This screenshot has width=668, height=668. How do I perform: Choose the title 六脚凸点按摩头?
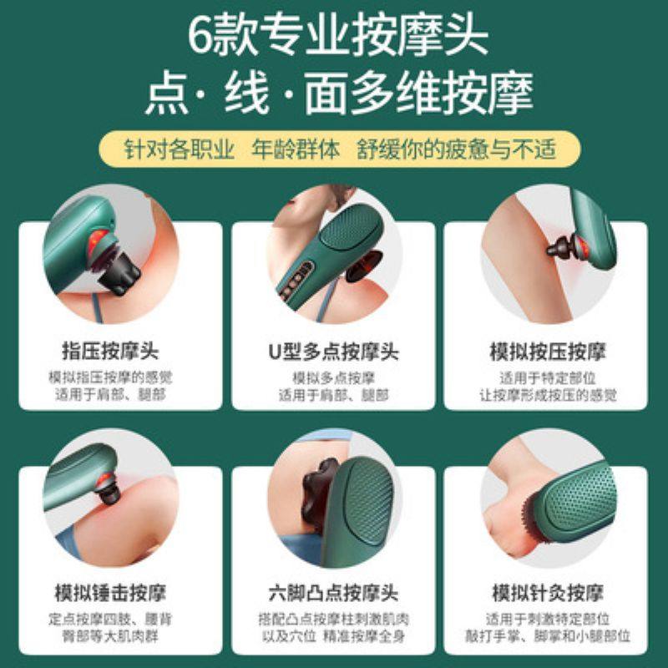click(333, 594)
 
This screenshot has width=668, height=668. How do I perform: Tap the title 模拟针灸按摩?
click(550, 594)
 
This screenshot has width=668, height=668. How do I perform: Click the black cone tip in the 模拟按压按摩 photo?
click(556, 247)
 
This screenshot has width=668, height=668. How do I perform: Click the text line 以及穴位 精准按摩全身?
click(333, 636)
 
